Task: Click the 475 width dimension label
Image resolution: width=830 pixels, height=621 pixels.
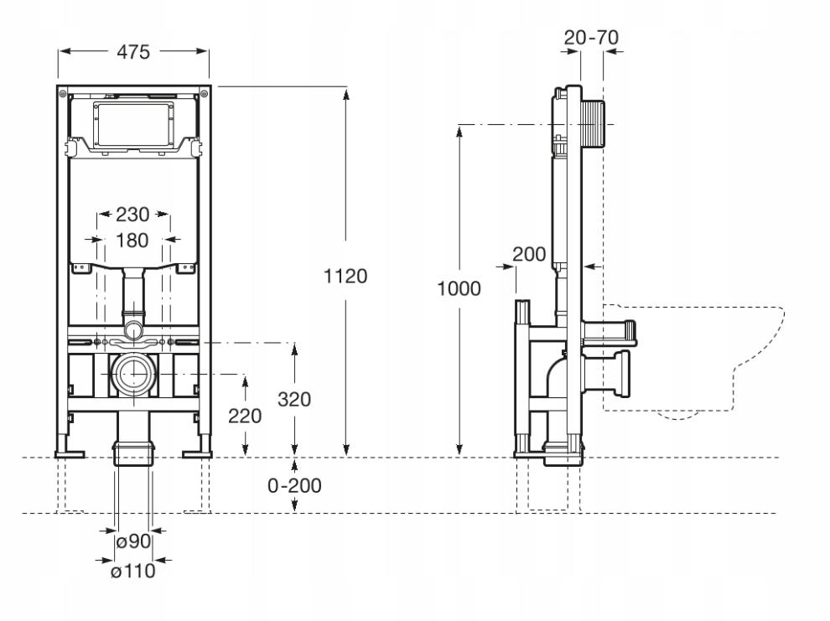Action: pyautogui.click(x=133, y=52)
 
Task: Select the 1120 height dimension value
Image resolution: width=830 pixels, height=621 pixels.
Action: pyautogui.click(x=345, y=276)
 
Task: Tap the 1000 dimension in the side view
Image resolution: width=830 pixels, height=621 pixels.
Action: pyautogui.click(x=459, y=289)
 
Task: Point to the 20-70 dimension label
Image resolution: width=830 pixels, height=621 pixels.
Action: pyautogui.click(x=591, y=38)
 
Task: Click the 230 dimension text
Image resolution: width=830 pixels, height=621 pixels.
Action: pyautogui.click(x=132, y=215)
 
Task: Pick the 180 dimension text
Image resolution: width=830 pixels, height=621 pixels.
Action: pyautogui.click(x=132, y=241)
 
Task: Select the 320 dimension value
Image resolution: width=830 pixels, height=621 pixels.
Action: pyautogui.click(x=293, y=400)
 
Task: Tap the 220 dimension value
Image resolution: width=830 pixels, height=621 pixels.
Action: pyautogui.click(x=245, y=417)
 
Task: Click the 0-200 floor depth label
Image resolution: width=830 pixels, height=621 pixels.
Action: pyautogui.click(x=294, y=485)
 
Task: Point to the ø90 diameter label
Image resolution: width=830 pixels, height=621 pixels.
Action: pyautogui.click(x=133, y=541)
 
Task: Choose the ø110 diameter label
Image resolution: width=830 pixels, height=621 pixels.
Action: pyautogui.click(x=132, y=572)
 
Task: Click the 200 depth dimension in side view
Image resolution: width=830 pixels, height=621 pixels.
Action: pyautogui.click(x=529, y=255)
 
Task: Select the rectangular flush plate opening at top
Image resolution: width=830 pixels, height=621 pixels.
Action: pyautogui.click(x=133, y=125)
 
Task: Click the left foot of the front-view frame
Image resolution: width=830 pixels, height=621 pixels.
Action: pyautogui.click(x=70, y=454)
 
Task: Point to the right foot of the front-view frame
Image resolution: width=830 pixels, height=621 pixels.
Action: pyautogui.click(x=197, y=454)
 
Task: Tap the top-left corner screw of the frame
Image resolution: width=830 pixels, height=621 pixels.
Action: pyautogui.click(x=63, y=94)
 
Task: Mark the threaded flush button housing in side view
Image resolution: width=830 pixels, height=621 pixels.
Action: pyautogui.click(x=594, y=124)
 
